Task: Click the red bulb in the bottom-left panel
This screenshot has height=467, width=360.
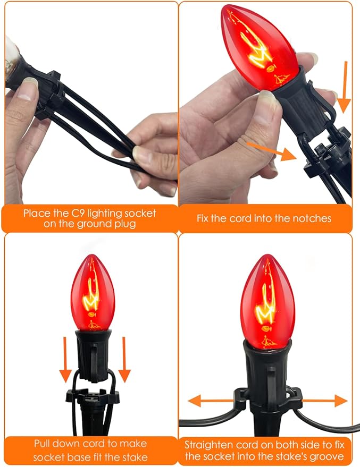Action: [93, 293]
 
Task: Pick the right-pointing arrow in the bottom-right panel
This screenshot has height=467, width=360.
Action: [325, 401]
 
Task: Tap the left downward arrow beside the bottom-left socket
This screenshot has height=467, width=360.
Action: [65, 360]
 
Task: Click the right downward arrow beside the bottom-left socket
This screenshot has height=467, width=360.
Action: [124, 360]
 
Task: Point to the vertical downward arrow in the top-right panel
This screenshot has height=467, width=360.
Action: [345, 87]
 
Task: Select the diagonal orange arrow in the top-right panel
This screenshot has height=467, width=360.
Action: [272, 151]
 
